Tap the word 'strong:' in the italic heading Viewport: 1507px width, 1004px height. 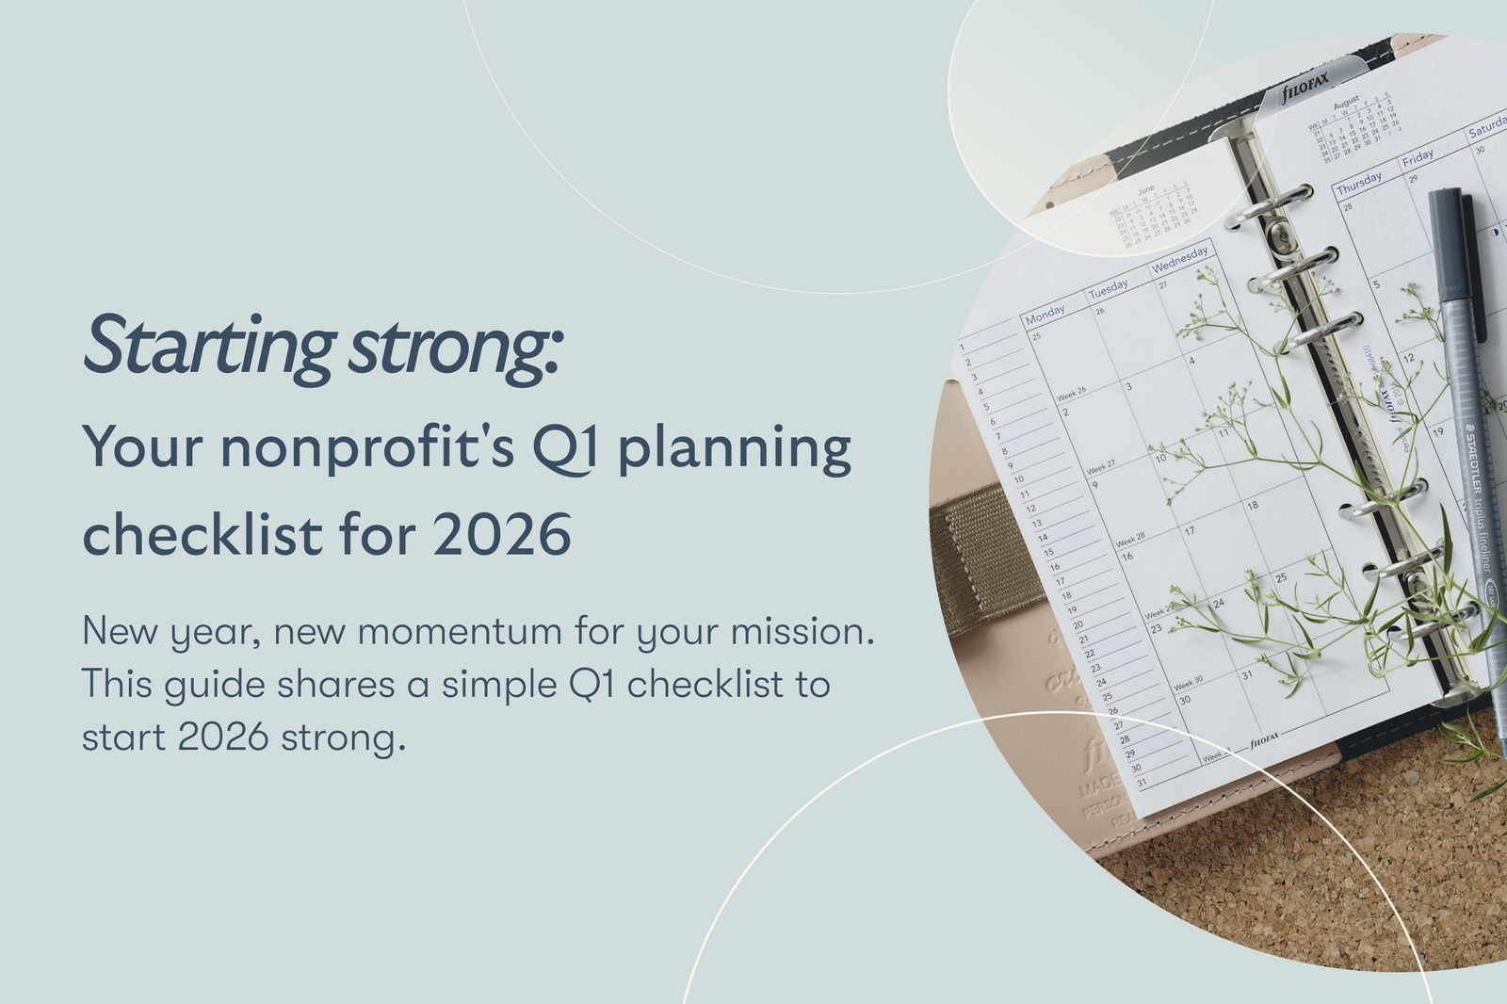tap(456, 348)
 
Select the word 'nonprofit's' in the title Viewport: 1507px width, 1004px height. tap(367, 446)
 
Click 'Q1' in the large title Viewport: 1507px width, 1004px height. tap(564, 448)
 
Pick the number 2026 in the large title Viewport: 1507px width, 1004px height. tap(502, 534)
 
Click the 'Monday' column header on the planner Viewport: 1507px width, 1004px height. tap(1045, 314)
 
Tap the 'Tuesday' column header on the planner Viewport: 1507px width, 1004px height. tap(1109, 288)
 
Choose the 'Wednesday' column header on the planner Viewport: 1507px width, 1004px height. tap(1179, 258)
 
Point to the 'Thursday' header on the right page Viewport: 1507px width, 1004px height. tap(1358, 183)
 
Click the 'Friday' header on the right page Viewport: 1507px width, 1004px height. tap(1418, 157)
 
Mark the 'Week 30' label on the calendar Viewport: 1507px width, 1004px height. tap(1189, 682)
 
